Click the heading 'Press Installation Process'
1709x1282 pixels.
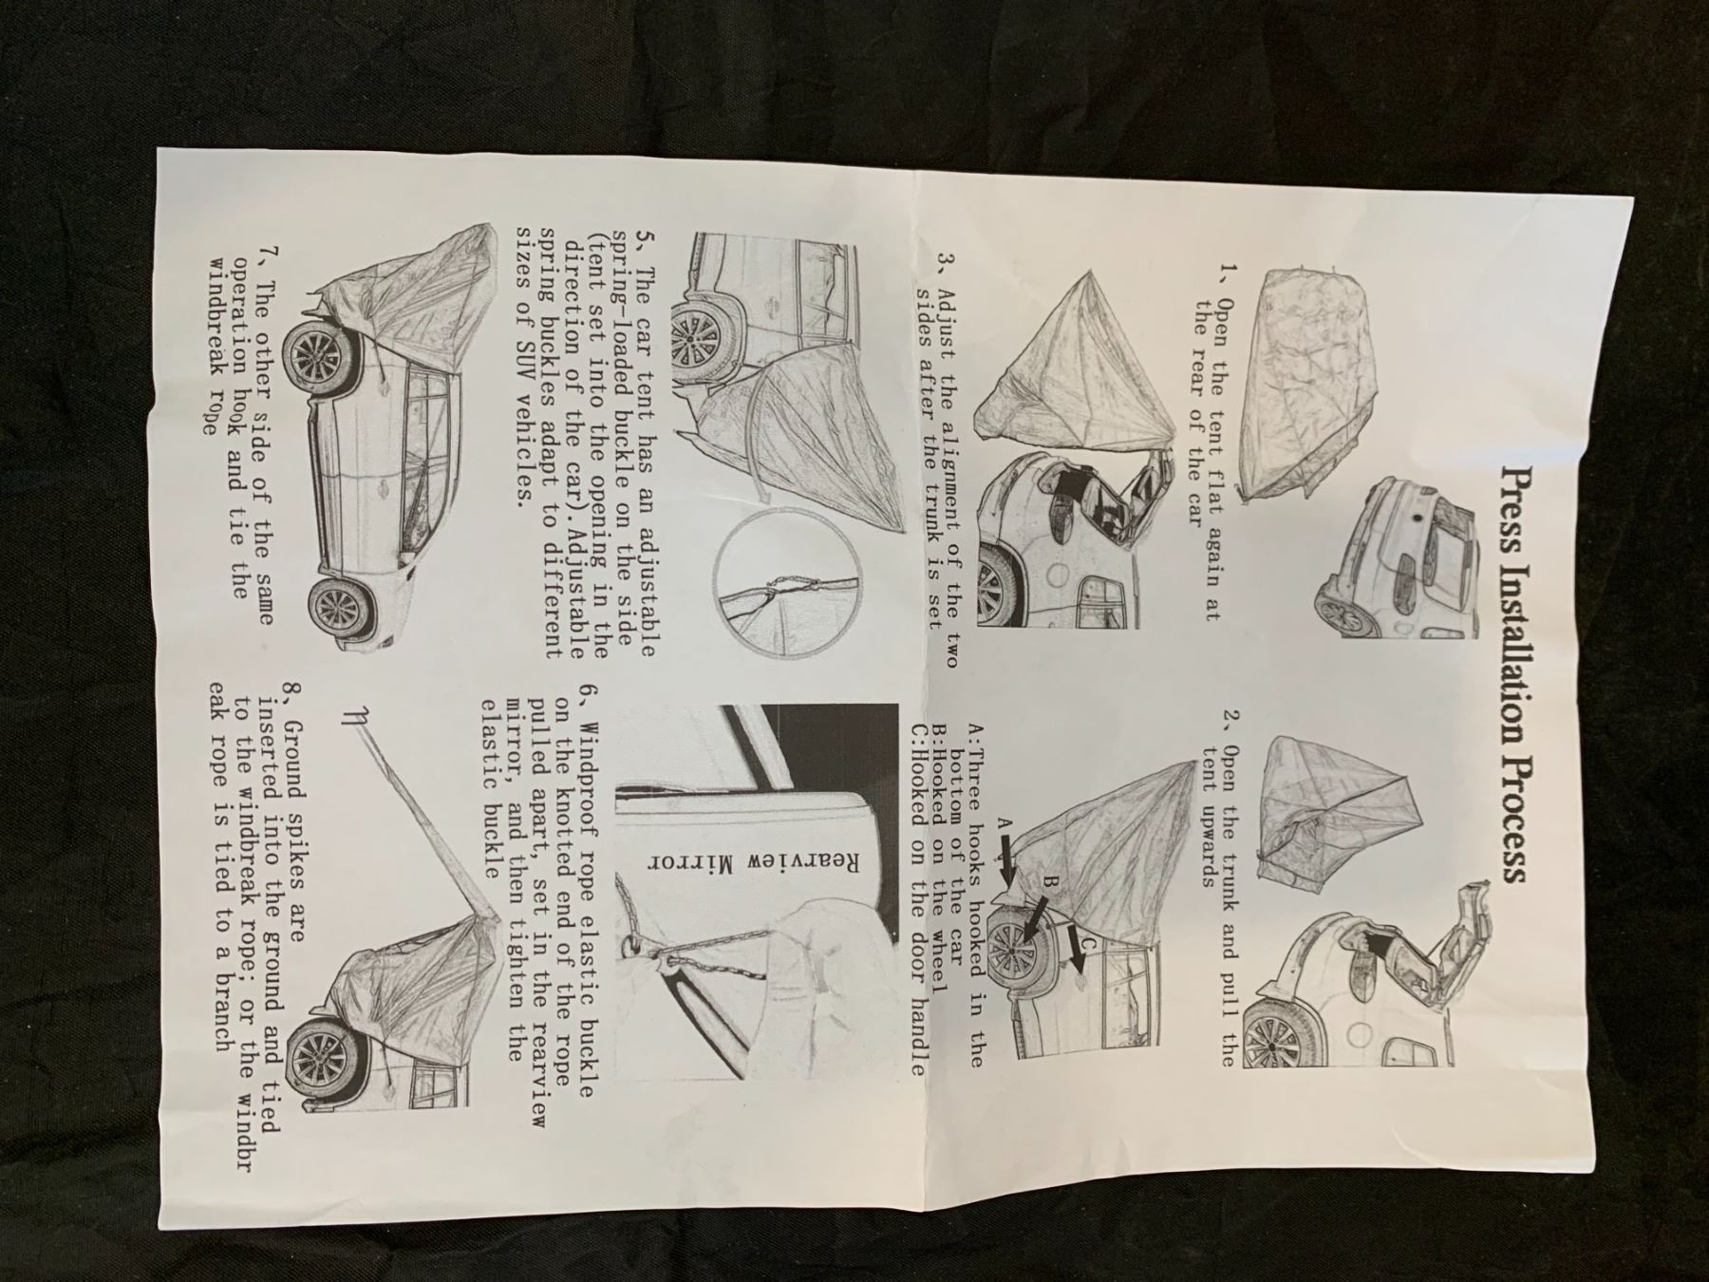pyautogui.click(x=1512, y=673)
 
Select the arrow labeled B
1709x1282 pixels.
pyautogui.click(x=1040, y=919)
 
